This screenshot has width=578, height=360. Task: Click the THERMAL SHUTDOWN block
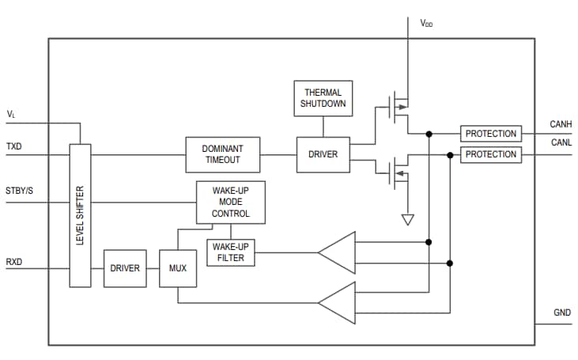point(323,97)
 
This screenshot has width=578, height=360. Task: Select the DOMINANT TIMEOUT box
point(222,154)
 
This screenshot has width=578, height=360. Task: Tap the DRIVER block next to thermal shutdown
point(323,154)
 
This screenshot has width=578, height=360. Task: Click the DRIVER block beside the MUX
point(126,268)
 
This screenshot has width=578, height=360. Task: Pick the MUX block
point(177,268)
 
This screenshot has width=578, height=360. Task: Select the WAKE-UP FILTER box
point(231,252)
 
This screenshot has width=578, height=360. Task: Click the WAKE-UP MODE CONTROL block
point(231,203)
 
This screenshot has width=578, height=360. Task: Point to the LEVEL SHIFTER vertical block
point(80,215)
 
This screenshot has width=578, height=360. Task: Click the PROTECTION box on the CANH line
point(490,134)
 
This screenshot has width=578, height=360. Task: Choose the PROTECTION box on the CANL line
point(490,154)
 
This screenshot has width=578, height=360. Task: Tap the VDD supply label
point(426,24)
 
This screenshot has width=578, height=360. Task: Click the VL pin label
point(11,115)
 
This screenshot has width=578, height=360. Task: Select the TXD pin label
point(14,147)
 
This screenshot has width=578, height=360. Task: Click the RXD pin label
point(14,261)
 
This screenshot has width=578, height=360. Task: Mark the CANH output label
point(560,125)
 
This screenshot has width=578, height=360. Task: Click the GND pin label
point(561,313)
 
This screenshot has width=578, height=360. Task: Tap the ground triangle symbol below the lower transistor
point(407,219)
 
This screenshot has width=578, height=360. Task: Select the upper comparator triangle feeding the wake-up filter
point(338,252)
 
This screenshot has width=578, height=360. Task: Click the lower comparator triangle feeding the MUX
point(338,302)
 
